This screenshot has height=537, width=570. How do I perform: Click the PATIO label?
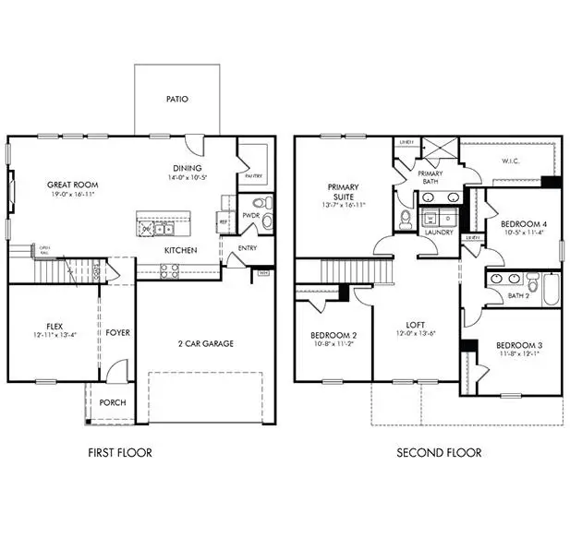[177, 98]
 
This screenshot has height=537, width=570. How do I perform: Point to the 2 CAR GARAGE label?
[207, 343]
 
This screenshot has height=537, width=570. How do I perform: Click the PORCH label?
[113, 403]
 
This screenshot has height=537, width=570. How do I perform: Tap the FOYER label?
[116, 332]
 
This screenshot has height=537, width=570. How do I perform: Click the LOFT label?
[415, 325]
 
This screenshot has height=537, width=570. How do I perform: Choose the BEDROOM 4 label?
[522, 224]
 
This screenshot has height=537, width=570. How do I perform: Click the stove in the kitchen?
[170, 270]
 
